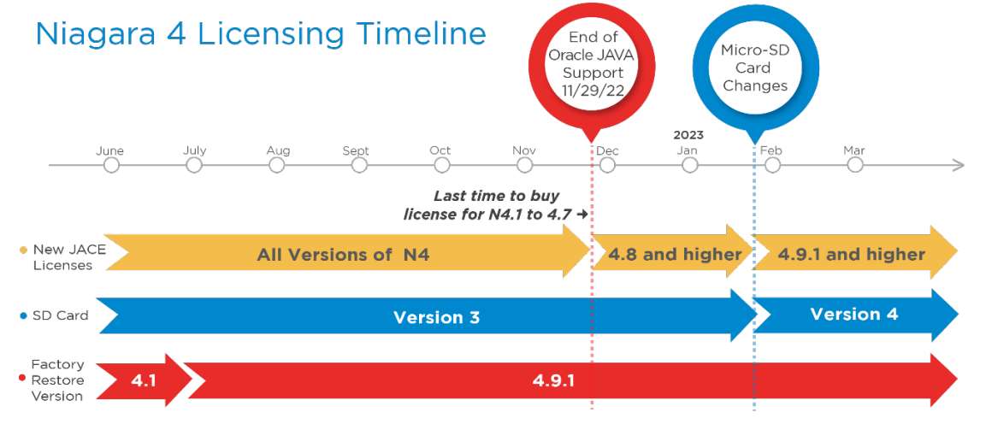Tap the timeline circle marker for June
pyautogui.click(x=111, y=165)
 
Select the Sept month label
pyautogui.click(x=355, y=150)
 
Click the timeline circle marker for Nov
pyautogui.click(x=524, y=165)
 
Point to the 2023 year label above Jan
pyautogui.click(x=688, y=135)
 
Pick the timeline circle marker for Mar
pyautogui.click(x=854, y=165)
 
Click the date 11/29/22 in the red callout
pyautogui.click(x=593, y=90)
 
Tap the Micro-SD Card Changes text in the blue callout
pyautogui.click(x=755, y=68)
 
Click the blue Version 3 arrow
pyautogui.click(x=427, y=316)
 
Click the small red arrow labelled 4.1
pyautogui.click(x=144, y=380)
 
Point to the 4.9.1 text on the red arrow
pyautogui.click(x=553, y=380)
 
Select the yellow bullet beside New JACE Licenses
pyautogui.click(x=24, y=250)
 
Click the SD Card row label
pyautogui.click(x=61, y=315)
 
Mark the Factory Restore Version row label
pyautogui.click(x=57, y=380)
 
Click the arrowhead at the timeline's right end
pyautogui.click(x=959, y=165)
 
